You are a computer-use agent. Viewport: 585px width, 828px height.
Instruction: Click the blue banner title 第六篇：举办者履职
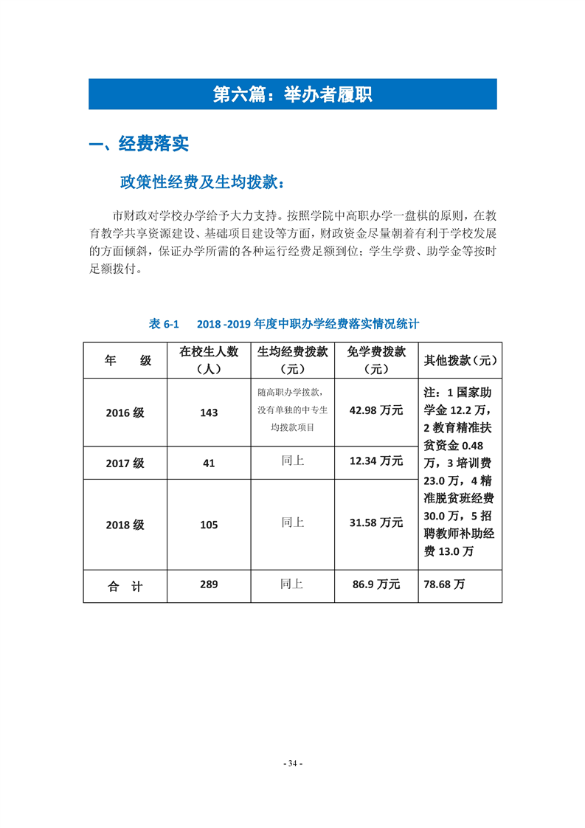(x=292, y=94)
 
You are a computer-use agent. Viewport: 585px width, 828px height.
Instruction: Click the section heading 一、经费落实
(x=139, y=144)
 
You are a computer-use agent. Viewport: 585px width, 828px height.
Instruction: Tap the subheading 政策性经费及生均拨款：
(x=201, y=182)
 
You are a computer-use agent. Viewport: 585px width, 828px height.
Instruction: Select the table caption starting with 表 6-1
(x=284, y=324)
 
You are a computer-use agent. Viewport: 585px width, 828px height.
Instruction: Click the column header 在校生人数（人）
(x=209, y=360)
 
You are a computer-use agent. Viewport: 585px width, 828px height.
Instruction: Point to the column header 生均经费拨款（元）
(x=292, y=360)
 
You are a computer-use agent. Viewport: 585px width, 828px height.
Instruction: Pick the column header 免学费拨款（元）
(x=376, y=360)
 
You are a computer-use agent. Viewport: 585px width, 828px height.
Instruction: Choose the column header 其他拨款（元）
(x=459, y=361)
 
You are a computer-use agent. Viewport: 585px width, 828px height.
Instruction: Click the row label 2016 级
(x=125, y=413)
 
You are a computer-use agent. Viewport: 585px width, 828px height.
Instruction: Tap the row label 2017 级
(x=125, y=463)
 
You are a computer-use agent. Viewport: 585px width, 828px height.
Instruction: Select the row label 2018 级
(x=125, y=525)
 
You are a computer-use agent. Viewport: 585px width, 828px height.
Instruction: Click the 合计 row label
(x=125, y=586)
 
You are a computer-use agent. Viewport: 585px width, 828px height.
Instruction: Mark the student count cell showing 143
(x=209, y=413)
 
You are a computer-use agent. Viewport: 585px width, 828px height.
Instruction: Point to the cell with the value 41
(x=209, y=463)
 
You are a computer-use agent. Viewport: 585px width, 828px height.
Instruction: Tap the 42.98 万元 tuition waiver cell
(x=376, y=410)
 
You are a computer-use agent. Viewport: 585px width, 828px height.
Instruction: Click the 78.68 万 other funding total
(x=444, y=584)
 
